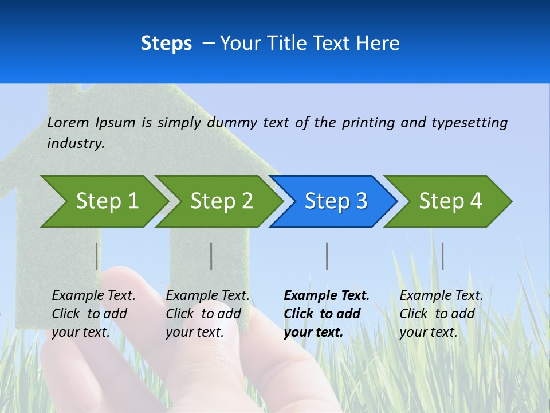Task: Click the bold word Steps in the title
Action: pyautogui.click(x=166, y=44)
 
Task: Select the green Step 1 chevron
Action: pyautogui.click(x=103, y=201)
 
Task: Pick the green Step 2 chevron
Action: pyautogui.click(x=218, y=201)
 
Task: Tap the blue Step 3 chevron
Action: pyautogui.click(x=332, y=201)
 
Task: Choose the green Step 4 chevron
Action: pyautogui.click(x=447, y=201)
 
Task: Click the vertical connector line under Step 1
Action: pyautogui.click(x=97, y=256)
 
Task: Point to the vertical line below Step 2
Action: pyautogui.click(x=211, y=256)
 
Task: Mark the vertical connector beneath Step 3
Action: pyautogui.click(x=327, y=256)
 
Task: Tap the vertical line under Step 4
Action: pyautogui.click(x=442, y=256)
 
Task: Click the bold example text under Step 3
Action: pyautogui.click(x=326, y=314)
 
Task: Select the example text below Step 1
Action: pyautogui.click(x=93, y=314)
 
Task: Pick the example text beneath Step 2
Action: pyautogui.click(x=207, y=314)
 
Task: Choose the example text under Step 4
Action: pyautogui.click(x=441, y=314)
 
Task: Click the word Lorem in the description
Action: pyautogui.click(x=68, y=123)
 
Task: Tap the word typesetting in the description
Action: pyautogui.click(x=469, y=123)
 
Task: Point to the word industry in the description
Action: pyautogui.click(x=76, y=143)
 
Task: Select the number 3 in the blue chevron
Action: pyautogui.click(x=361, y=201)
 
